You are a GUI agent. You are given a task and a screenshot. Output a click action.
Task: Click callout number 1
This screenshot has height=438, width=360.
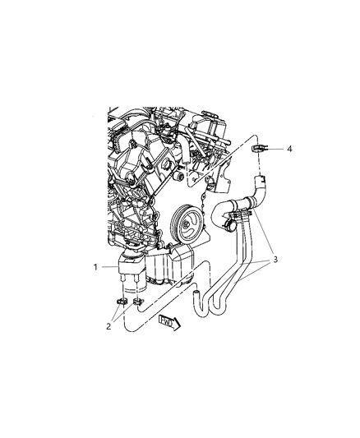95,266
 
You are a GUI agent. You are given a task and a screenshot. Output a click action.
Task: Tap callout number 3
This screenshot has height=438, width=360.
275,260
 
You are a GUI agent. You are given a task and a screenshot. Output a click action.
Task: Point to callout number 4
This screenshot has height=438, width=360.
290,149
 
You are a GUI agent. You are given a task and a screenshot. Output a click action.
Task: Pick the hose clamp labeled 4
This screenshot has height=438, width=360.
256,150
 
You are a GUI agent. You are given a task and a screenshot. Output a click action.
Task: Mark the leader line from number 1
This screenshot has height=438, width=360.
108,266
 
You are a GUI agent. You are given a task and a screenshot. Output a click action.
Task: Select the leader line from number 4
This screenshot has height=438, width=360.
275,149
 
